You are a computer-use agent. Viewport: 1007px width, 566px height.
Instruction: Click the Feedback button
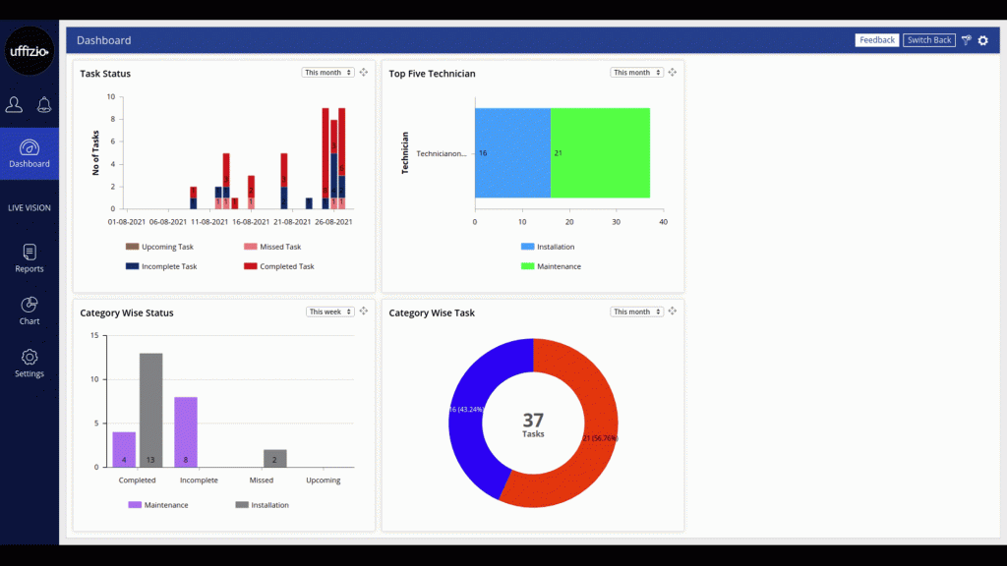(877, 40)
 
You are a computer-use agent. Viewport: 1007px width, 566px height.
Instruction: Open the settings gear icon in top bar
(982, 40)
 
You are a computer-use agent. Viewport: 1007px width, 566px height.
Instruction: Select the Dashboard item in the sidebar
(30, 153)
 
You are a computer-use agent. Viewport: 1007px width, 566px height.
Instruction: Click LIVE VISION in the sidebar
(30, 207)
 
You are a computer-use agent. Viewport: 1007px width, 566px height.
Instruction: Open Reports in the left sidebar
(30, 258)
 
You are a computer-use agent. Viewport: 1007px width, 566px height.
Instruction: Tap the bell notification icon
(44, 105)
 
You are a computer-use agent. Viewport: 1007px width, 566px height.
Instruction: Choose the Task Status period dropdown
(328, 73)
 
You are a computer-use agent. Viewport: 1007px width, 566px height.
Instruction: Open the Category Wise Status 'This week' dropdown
(330, 311)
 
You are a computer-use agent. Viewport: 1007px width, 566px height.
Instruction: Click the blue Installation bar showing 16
(512, 153)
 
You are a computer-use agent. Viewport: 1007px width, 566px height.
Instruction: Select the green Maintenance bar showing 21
(600, 153)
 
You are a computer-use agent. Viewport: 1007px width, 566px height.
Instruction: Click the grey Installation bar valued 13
(150, 410)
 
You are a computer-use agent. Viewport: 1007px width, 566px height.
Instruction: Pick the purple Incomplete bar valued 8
(186, 431)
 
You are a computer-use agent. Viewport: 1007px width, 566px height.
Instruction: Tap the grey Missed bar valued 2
(274, 458)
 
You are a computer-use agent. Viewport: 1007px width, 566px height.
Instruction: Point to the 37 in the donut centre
(533, 421)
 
